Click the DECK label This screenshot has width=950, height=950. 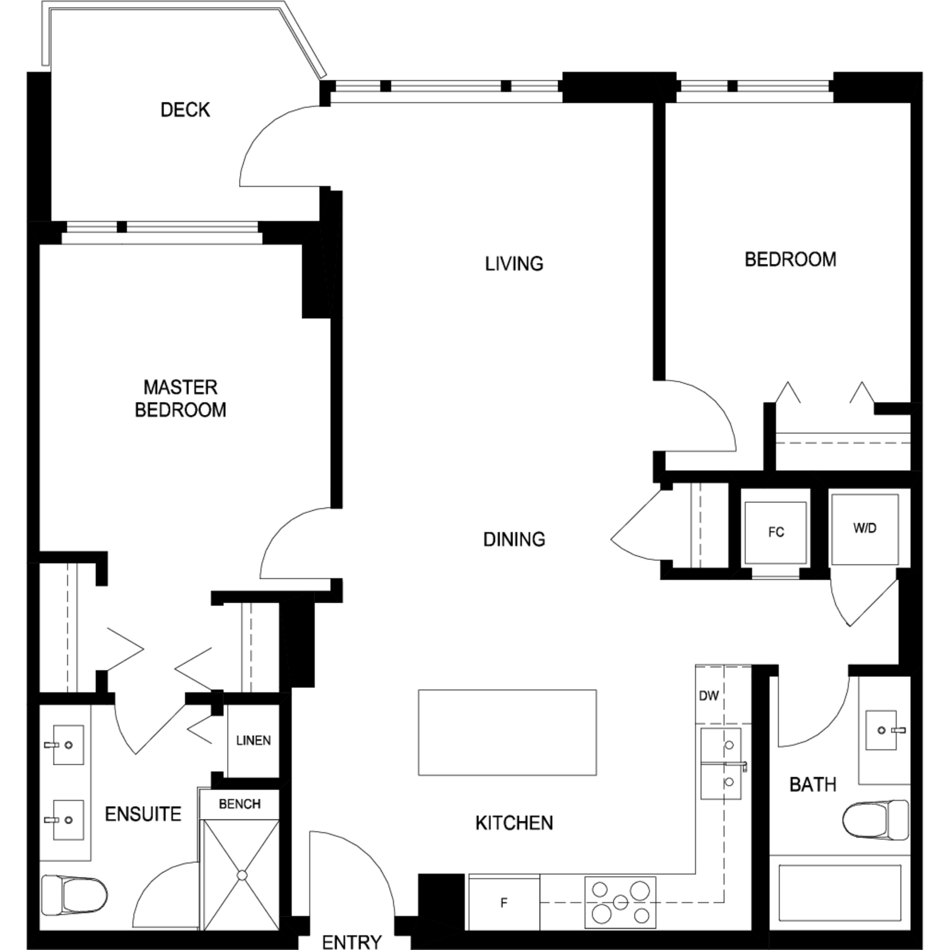[x=185, y=109]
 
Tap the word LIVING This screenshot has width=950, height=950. [x=514, y=264]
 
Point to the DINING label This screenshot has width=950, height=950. [x=514, y=540]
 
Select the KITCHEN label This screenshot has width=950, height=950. [x=514, y=823]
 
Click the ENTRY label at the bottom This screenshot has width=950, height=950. [x=352, y=941]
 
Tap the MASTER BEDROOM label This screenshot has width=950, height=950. [x=180, y=399]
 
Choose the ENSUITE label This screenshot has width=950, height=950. [x=143, y=814]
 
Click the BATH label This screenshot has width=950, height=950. [x=813, y=784]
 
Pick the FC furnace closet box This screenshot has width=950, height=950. [x=776, y=533]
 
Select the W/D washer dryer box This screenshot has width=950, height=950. [x=865, y=529]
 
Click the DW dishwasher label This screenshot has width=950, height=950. [x=709, y=695]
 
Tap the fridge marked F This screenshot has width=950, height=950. [x=504, y=903]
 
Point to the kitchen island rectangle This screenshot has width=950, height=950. [x=507, y=732]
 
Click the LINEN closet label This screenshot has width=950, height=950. [x=253, y=741]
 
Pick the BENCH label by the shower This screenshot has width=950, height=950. [x=239, y=804]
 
